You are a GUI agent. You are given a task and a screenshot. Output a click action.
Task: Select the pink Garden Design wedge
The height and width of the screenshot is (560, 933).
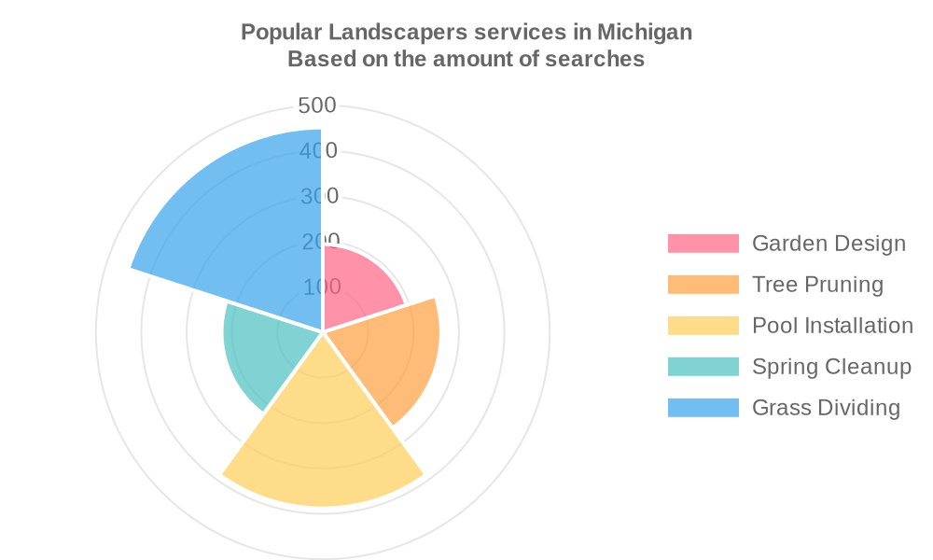click(x=359, y=289)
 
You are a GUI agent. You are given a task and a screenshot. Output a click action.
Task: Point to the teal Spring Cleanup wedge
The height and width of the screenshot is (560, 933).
click(x=261, y=350)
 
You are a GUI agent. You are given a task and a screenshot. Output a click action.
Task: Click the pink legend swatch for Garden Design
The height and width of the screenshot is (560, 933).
click(x=703, y=244)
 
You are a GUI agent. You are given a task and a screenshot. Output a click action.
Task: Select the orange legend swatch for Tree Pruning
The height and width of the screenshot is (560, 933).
click(x=703, y=285)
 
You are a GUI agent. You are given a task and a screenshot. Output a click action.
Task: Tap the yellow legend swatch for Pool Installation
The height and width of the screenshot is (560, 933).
click(x=703, y=326)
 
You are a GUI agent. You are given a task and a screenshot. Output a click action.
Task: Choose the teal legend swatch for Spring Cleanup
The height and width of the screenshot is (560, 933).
click(x=703, y=367)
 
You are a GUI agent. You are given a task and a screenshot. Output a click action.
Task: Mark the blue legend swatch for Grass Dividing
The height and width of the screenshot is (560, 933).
click(x=703, y=408)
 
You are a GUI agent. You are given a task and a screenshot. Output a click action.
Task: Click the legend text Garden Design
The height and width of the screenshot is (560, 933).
click(x=829, y=244)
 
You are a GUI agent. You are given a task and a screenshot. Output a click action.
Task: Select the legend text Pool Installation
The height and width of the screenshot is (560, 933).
click(x=832, y=326)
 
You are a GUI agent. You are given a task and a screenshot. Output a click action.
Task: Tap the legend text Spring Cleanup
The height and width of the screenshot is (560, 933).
click(x=831, y=367)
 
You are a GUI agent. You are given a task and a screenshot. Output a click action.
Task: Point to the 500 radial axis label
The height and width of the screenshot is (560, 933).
click(x=317, y=105)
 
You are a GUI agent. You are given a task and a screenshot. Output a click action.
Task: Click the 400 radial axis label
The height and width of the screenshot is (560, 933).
click(x=319, y=151)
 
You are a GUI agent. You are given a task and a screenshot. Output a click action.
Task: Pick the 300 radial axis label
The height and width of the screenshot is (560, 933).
click(x=319, y=196)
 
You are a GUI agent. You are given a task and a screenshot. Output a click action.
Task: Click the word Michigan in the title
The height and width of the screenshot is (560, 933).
click(x=645, y=32)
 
